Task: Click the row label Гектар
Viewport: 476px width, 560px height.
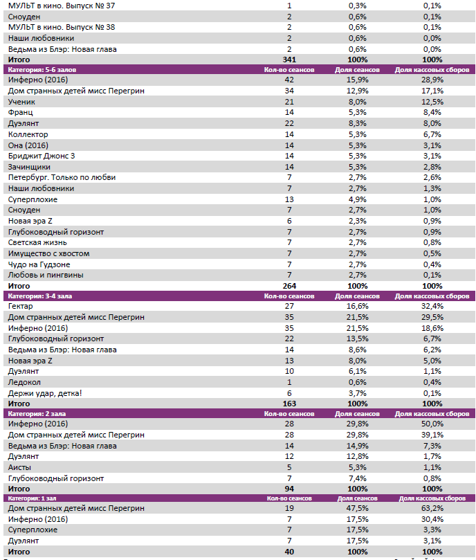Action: click(20, 307)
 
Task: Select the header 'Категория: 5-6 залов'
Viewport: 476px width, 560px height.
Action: click(37, 70)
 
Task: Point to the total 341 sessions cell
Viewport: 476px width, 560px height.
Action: click(289, 60)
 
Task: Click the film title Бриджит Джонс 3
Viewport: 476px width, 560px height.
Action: click(41, 156)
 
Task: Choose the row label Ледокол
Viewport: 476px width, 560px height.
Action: click(24, 382)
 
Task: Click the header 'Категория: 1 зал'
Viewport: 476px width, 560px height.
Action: click(32, 498)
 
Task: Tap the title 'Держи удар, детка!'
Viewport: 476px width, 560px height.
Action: click(44, 393)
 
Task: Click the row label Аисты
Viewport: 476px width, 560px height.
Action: click(19, 467)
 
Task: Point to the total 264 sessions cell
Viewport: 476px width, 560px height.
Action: click(289, 285)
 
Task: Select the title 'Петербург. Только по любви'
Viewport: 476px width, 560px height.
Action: click(62, 177)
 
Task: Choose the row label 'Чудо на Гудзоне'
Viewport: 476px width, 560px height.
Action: click(39, 264)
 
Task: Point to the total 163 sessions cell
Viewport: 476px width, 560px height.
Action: click(289, 403)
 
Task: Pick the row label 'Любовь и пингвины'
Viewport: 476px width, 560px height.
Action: click(44, 275)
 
